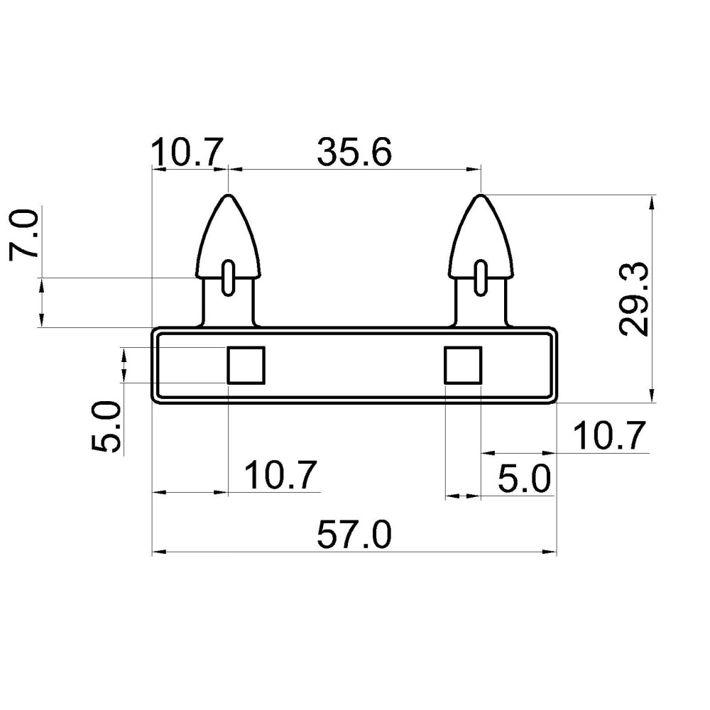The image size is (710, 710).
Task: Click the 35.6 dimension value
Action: [x=354, y=152]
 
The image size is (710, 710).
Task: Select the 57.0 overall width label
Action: [x=354, y=535]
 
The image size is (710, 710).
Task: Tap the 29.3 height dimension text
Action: [x=634, y=299]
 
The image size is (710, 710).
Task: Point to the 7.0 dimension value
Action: [x=23, y=234]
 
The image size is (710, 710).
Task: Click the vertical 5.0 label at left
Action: [x=106, y=426]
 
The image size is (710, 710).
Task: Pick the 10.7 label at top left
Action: [x=187, y=152]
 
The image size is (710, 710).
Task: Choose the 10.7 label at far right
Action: [x=609, y=436]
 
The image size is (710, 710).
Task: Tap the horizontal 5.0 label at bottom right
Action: [x=525, y=478]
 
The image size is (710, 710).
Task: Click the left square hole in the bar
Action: [x=246, y=365]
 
